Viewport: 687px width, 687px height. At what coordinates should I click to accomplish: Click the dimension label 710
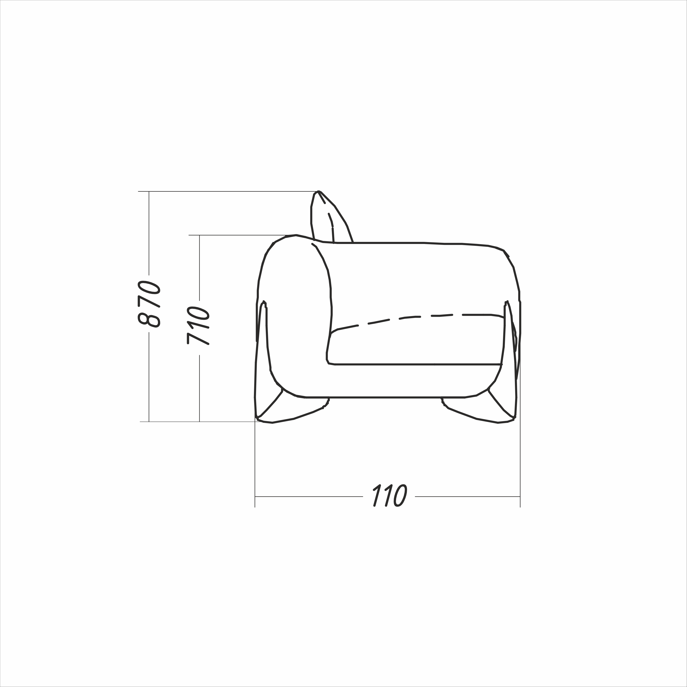coord(198,325)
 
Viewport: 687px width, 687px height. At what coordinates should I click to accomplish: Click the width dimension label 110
coord(390,495)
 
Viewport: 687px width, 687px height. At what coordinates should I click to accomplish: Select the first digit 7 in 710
coord(198,339)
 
